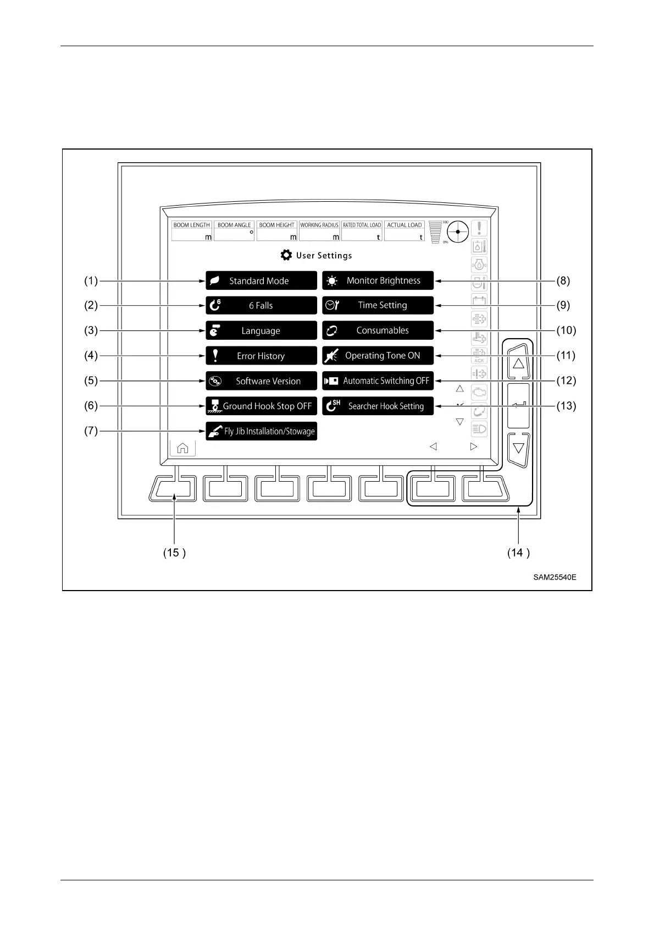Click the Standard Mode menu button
pyautogui.click(x=261, y=280)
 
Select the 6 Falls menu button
pyautogui.click(x=261, y=305)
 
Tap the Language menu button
pyautogui.click(x=261, y=330)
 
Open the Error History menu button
pyautogui.click(x=261, y=356)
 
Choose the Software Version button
pyautogui.click(x=261, y=381)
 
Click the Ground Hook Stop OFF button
pyautogui.click(x=261, y=406)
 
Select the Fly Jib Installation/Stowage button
pyautogui.click(x=261, y=431)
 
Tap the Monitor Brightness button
pyautogui.click(x=378, y=280)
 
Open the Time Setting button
pyautogui.click(x=378, y=305)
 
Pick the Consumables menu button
pyautogui.click(x=378, y=330)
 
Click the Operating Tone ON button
pyautogui.click(x=378, y=356)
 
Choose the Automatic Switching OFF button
pyautogui.click(x=378, y=381)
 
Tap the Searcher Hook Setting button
pyautogui.click(x=378, y=406)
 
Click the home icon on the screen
pyautogui.click(x=182, y=448)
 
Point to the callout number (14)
pyautogui.click(x=518, y=553)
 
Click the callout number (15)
pyautogui.click(x=174, y=553)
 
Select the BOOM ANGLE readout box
pyautogui.click(x=234, y=232)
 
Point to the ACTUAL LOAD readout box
pyautogui.click(x=404, y=232)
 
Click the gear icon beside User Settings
pyautogui.click(x=286, y=255)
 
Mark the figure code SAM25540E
pyautogui.click(x=555, y=577)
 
